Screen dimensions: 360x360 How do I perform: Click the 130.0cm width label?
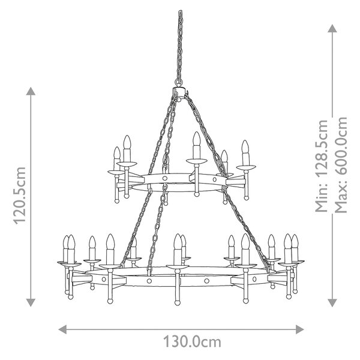[x=192, y=343]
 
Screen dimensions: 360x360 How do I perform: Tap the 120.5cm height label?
[x=20, y=196]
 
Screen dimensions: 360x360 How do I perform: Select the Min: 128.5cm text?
[x=322, y=166]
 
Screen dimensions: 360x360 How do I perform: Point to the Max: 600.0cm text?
[x=341, y=165]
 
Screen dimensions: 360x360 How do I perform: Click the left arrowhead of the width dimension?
[x=62, y=329]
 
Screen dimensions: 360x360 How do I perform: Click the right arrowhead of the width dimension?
[x=300, y=329]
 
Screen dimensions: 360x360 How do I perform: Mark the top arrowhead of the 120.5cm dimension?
[x=31, y=91]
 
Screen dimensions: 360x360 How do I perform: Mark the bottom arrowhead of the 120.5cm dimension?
[x=31, y=302]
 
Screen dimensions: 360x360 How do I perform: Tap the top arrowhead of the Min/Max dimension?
[x=332, y=28]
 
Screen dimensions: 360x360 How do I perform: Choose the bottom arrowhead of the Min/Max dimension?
[x=332, y=303]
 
